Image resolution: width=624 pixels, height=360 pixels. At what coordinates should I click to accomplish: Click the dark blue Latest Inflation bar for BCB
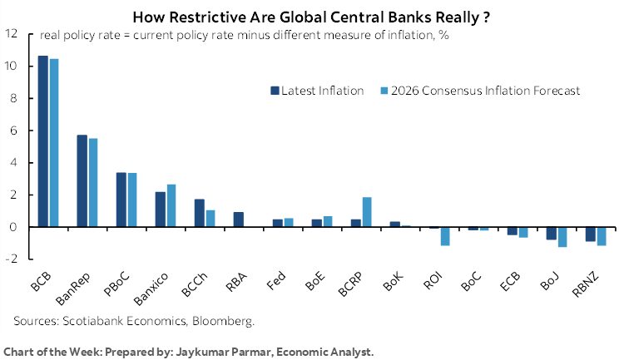[x=43, y=141]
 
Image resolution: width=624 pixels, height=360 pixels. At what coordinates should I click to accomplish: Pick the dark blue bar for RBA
[x=239, y=219]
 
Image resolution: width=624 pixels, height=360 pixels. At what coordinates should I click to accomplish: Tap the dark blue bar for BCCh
[x=200, y=213]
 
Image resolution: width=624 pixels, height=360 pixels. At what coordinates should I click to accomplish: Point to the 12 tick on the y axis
[x=12, y=34]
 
